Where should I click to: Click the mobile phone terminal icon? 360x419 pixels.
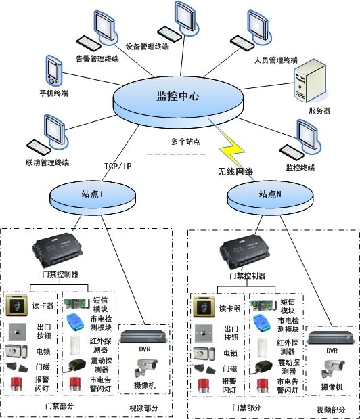coord(54,70)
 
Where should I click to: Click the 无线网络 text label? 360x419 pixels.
coord(235,172)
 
